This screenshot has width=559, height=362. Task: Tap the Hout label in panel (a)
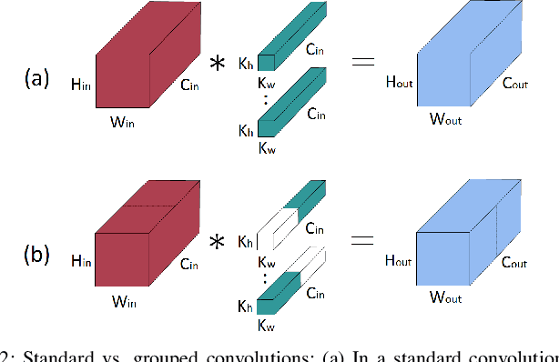(399, 82)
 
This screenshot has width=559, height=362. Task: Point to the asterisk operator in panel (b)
(219, 244)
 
